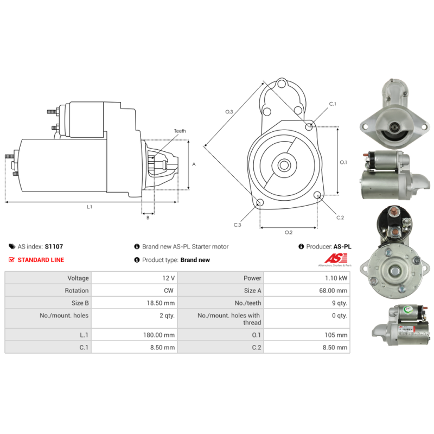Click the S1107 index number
tap(54, 246)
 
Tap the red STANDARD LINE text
tap(41, 260)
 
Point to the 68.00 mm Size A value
tap(334, 291)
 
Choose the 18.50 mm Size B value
tap(162, 303)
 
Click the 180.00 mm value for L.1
tap(159, 335)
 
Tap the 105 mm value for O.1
tap(336, 335)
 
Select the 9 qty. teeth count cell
tap(338, 303)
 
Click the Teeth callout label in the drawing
tap(180, 131)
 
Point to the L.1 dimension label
tap(90, 207)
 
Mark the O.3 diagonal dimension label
tap(229, 112)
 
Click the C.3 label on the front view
tap(238, 225)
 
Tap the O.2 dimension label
tap(289, 233)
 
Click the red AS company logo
tap(330, 259)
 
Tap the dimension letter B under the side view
tap(148, 218)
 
